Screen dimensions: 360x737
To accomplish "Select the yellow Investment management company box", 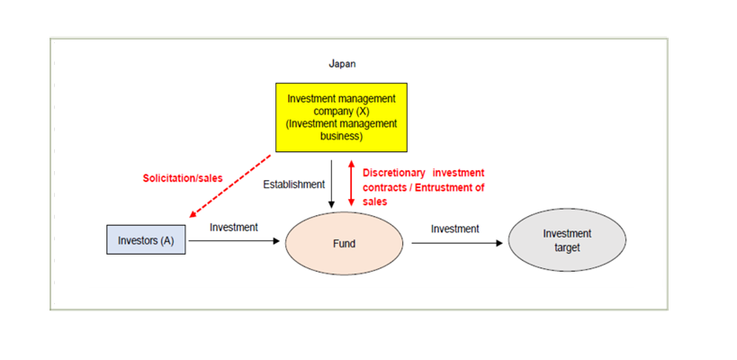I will coord(340,117).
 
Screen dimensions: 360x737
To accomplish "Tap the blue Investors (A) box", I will coord(146,240).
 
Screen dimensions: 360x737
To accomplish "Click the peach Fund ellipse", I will coord(343,243).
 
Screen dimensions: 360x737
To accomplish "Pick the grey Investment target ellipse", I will coord(566,240).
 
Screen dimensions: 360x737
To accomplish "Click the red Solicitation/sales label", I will coord(183,178).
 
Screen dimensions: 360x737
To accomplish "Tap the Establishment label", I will coord(293,185).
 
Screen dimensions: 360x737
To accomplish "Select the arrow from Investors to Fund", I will coord(234,241).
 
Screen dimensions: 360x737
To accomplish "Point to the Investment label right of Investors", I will coord(233,228).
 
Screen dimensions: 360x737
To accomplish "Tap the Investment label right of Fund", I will coord(454,229).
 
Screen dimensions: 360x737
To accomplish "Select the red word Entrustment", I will coord(441,187).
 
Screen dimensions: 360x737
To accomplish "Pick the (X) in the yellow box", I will coord(362,111).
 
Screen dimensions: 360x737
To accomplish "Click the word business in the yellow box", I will coord(341,138).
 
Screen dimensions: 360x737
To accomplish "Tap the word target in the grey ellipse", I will coord(567,247).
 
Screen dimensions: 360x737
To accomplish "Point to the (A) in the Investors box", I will coord(166,240).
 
